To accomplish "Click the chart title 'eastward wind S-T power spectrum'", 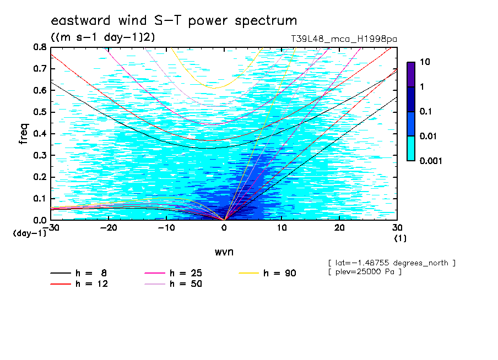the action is coord(174,20).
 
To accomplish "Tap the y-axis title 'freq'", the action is coord(24,134).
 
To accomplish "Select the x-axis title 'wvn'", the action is coord(224,252).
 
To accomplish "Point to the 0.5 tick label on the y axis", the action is coord(40,112).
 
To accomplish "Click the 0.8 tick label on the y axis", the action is coord(40,47).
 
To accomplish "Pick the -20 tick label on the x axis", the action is coord(109,228).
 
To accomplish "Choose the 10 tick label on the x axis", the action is coord(282,228).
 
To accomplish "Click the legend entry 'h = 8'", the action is coord(78,273).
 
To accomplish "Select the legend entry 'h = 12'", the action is coord(79,283).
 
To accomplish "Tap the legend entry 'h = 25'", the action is coord(173,273).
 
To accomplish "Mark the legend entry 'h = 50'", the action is coord(173,283).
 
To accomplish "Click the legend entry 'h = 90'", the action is coord(267,273).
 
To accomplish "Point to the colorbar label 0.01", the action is coord(428,136).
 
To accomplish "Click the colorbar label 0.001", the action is coord(431,161).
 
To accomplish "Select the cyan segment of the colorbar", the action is coord(411,148).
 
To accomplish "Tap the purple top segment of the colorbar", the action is coord(411,75).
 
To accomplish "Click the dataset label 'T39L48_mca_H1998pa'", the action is coord(344,39).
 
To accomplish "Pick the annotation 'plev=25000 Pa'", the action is coord(365,272).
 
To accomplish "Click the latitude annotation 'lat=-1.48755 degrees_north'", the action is coord(392,263).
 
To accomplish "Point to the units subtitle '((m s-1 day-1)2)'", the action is coord(103,37).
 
